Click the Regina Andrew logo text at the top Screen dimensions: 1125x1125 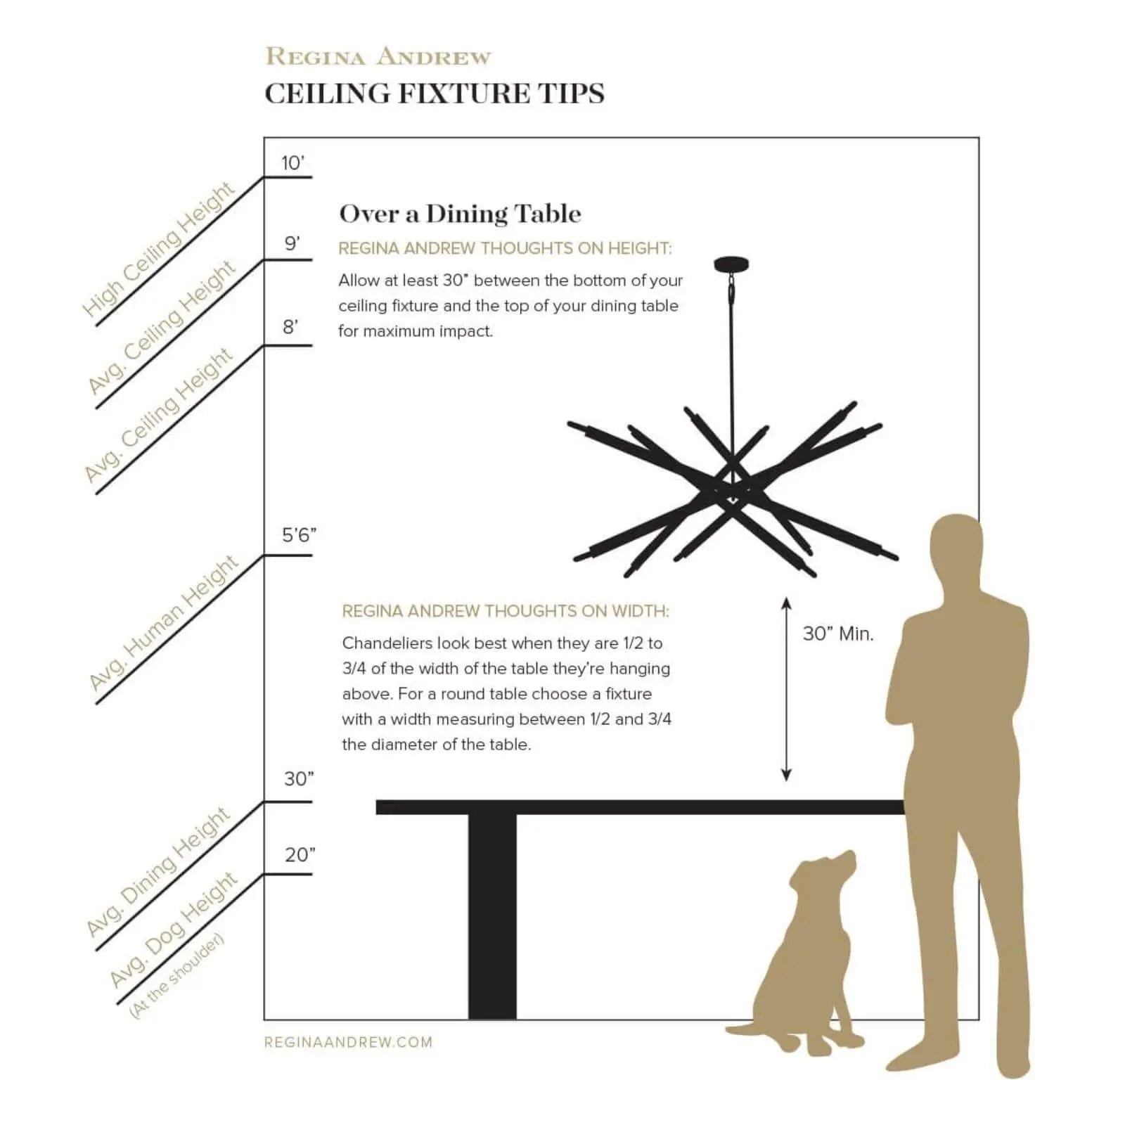(x=378, y=57)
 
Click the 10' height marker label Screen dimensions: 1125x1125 (x=292, y=163)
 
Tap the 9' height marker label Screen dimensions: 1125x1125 (x=292, y=244)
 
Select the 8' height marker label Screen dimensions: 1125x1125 (x=290, y=327)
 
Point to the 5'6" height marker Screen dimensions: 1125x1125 (x=299, y=536)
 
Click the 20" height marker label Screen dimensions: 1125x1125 (x=300, y=855)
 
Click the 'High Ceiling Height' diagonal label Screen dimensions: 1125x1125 (x=158, y=250)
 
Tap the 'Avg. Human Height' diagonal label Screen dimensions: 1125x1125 (x=164, y=623)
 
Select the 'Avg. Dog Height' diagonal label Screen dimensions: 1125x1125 (x=174, y=930)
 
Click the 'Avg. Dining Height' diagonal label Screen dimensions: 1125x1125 (x=158, y=872)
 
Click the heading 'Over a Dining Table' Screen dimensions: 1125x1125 (x=460, y=214)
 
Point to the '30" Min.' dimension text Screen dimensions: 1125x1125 (x=838, y=634)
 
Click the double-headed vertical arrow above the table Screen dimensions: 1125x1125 (x=786, y=689)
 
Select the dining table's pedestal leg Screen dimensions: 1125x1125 (x=492, y=914)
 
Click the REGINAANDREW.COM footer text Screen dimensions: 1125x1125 (x=348, y=1043)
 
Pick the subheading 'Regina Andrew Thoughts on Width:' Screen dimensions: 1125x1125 (x=505, y=611)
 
